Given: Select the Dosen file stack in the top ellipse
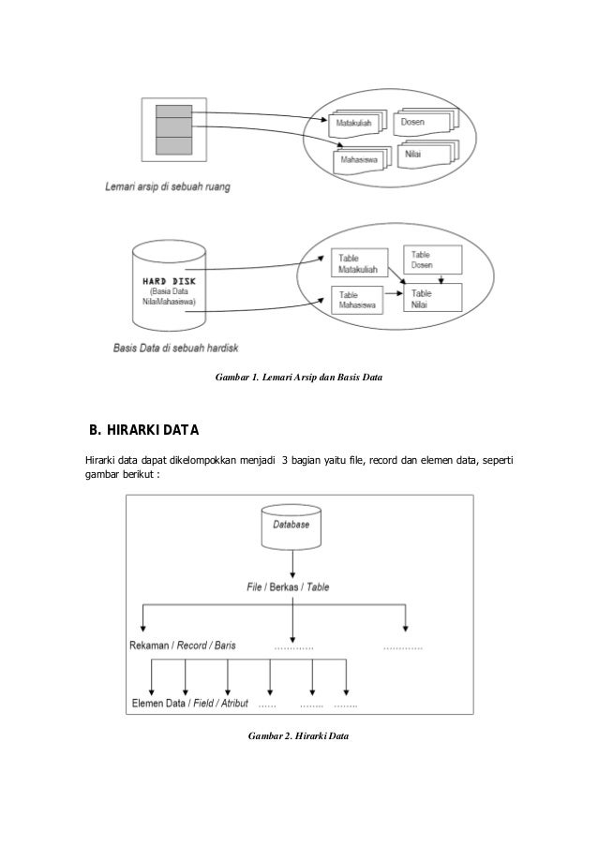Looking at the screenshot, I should point(424,121).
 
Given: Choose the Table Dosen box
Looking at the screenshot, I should point(431,260).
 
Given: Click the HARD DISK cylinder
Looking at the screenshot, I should point(169,285).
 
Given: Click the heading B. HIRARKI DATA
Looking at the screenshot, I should point(140,432).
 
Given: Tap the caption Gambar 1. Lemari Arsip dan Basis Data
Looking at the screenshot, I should point(298,377).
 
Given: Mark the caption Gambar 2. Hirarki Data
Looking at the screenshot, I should point(298,737).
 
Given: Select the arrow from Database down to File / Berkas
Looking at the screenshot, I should point(293,564).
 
